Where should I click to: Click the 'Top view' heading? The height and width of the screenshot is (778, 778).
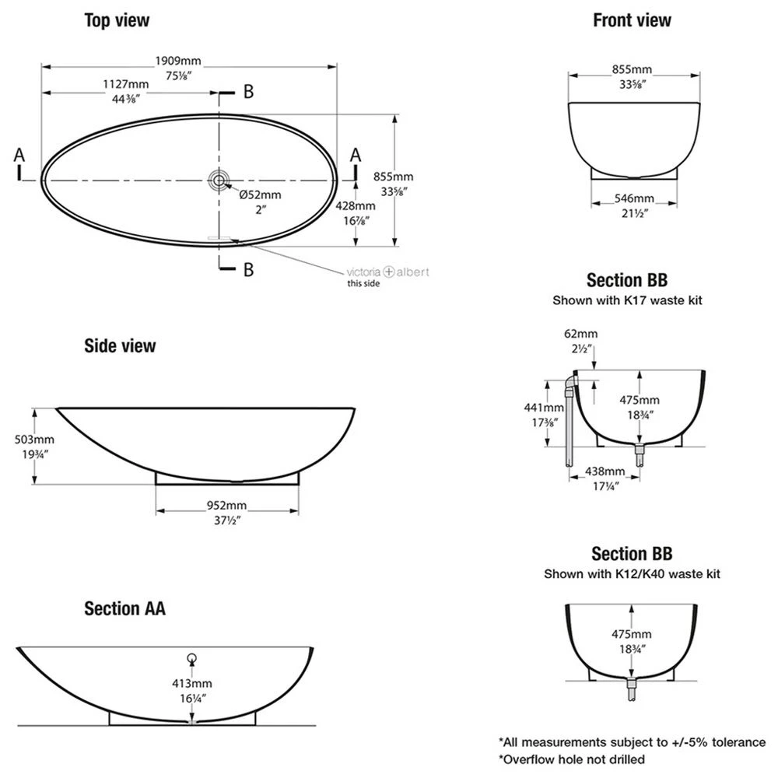117,20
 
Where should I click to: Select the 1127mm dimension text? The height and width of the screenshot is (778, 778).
127,84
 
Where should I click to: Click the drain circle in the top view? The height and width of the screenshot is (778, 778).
219,180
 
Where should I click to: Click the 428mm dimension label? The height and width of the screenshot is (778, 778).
356,206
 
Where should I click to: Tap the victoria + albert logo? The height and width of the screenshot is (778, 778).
387,272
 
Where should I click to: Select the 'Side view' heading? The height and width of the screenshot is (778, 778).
120,345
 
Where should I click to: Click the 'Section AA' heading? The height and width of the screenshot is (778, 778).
124,608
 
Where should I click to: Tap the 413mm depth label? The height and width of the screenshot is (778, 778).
191,683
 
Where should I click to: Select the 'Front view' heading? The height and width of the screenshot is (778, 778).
632,20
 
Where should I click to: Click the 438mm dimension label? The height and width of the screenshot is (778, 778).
605,471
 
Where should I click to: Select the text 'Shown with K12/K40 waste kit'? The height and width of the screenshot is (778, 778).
632,574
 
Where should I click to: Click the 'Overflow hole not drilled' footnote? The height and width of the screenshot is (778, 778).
572,759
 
